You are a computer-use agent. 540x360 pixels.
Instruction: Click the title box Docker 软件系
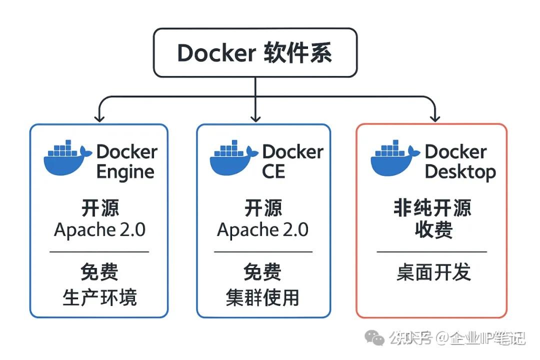[x=255, y=52]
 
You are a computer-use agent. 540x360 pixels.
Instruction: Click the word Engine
[x=125, y=171]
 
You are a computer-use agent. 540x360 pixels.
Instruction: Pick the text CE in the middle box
[x=273, y=171]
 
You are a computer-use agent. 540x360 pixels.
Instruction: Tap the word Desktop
[x=460, y=171]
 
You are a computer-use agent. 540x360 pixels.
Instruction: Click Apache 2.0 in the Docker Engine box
[x=99, y=229]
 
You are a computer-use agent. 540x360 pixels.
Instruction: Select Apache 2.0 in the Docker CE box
[x=262, y=229]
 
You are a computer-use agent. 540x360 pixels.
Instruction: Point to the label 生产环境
[x=99, y=297]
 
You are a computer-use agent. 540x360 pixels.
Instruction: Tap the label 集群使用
[x=262, y=297]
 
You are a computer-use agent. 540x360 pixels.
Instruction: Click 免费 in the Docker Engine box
[x=99, y=273]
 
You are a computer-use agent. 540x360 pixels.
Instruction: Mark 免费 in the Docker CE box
[x=262, y=273]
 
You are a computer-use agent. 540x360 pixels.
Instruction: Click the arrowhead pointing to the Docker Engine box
[x=99, y=118]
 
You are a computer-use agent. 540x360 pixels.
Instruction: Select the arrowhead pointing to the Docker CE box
[x=255, y=118]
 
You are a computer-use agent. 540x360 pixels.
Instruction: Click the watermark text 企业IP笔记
[x=488, y=338]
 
